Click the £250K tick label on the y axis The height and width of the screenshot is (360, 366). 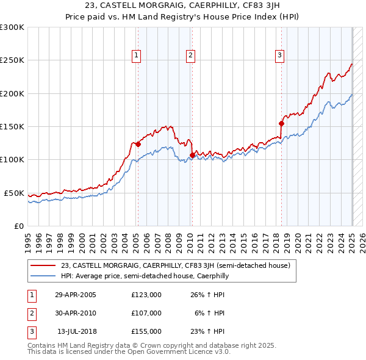[12, 60]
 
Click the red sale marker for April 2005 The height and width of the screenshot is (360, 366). [138, 145]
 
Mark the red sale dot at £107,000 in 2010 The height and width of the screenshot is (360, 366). [192, 155]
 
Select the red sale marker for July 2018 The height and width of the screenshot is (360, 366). [281, 123]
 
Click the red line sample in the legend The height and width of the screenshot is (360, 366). [43, 265]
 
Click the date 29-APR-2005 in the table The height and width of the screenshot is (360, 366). [76, 295]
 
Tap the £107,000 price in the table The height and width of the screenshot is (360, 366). [146, 313]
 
